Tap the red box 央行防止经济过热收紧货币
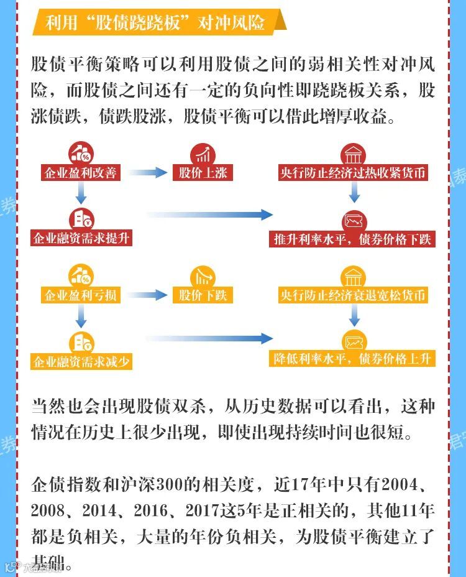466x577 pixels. point(354,172)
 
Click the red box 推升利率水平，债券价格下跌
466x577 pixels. point(352,238)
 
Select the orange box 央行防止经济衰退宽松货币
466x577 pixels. point(354,295)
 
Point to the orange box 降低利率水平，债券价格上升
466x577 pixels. point(352,359)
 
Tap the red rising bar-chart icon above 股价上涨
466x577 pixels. point(203,153)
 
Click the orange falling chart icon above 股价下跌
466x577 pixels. point(203,275)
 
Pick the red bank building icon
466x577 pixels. point(354,153)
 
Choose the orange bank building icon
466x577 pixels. point(354,275)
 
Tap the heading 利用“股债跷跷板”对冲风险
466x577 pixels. point(155,22)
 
